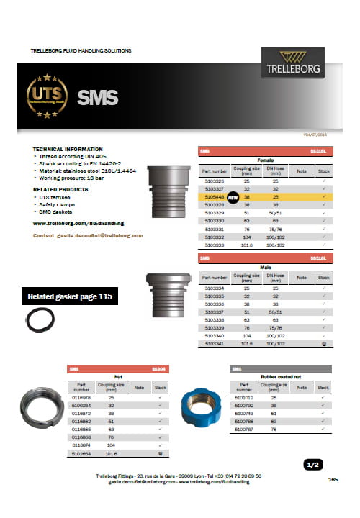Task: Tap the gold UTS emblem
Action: click(x=47, y=96)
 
